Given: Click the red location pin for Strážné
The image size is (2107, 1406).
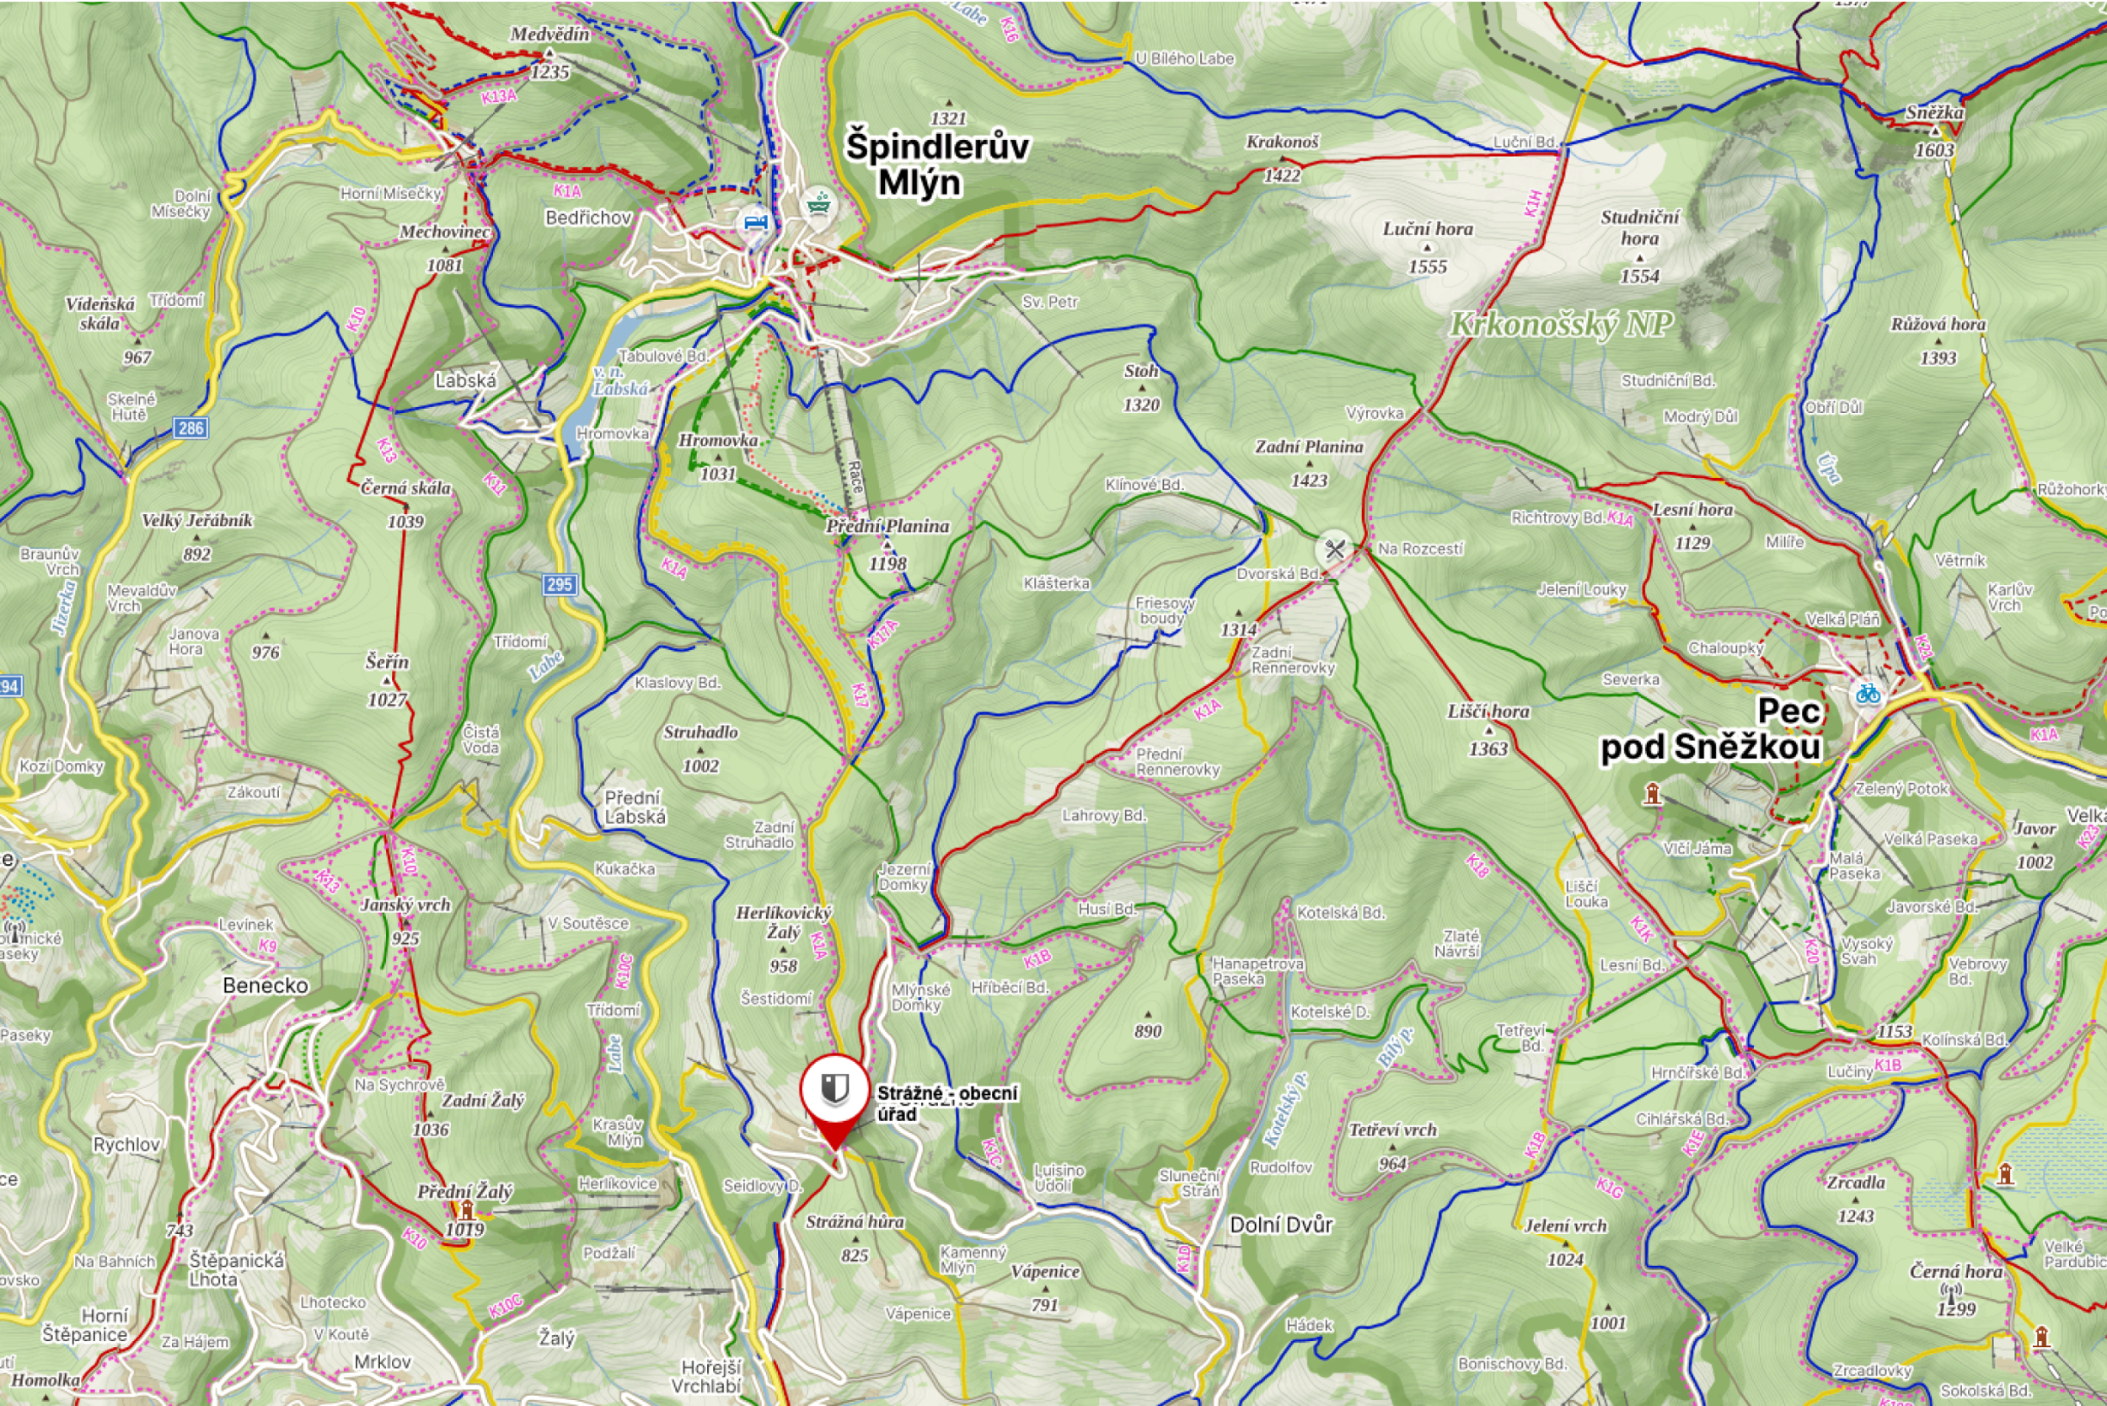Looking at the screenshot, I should pyautogui.click(x=834, y=1093).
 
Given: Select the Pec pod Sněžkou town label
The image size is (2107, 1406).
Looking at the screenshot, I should pyautogui.click(x=1710, y=729).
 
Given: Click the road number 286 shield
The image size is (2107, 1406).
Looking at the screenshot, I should pyautogui.click(x=190, y=427).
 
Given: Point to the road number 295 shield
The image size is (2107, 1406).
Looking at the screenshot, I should pyautogui.click(x=559, y=585).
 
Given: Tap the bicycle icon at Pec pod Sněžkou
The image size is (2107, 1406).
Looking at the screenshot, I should pyautogui.click(x=1868, y=693).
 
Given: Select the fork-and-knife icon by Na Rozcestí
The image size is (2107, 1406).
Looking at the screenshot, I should pyautogui.click(x=1334, y=549).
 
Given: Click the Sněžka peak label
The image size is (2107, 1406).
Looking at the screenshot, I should pyautogui.click(x=1934, y=113).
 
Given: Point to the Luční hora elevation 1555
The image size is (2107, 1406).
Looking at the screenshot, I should pyautogui.click(x=1428, y=266).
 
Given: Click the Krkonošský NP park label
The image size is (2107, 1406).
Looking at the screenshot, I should pyautogui.click(x=1561, y=324).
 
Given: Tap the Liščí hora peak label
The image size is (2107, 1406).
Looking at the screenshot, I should pyautogui.click(x=1488, y=711).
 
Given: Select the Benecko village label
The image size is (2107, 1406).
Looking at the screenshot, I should pyautogui.click(x=265, y=985).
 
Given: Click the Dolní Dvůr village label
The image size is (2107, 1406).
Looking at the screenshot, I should pyautogui.click(x=1281, y=1225).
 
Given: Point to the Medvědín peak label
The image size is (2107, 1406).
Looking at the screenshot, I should pyautogui.click(x=550, y=34).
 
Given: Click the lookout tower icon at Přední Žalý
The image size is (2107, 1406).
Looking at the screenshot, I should pyautogui.click(x=466, y=1211).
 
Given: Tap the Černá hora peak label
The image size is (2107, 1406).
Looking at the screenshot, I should pyautogui.click(x=1955, y=1270).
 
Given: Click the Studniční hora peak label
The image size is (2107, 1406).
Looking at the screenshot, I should pyautogui.click(x=1639, y=227).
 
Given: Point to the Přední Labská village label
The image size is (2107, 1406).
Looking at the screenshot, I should pyautogui.click(x=634, y=806).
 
